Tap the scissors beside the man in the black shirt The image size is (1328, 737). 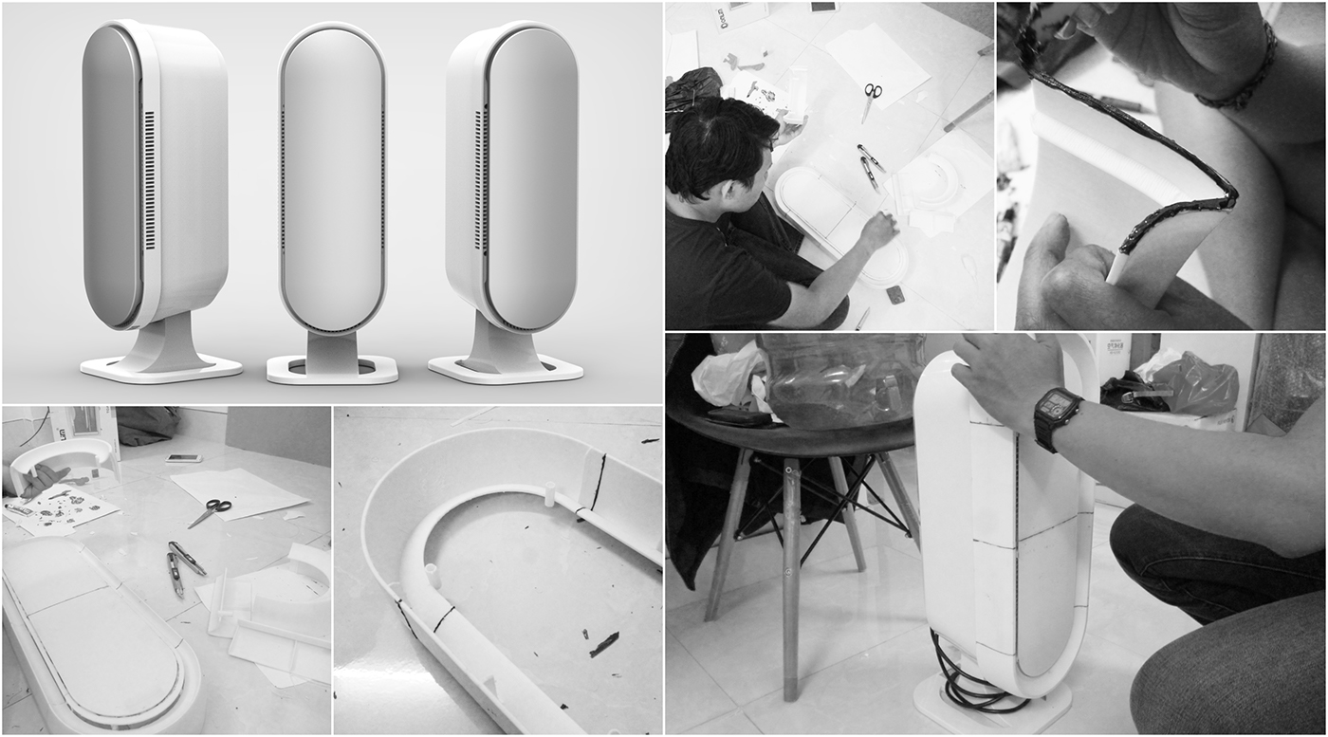click(x=872, y=98)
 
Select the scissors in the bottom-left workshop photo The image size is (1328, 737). click(x=210, y=512)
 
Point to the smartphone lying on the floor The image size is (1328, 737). click(x=183, y=457)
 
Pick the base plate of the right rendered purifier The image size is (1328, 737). click(x=505, y=368)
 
